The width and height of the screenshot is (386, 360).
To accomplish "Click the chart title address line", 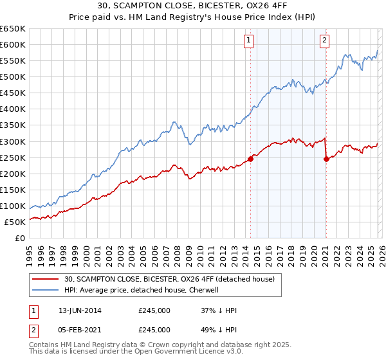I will (193, 7).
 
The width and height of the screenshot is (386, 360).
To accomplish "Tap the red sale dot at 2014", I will (250, 159).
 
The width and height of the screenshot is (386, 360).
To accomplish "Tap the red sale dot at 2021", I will (326, 159).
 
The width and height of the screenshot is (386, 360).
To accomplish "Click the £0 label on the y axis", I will (19, 239).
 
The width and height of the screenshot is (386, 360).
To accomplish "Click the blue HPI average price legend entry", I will (142, 290).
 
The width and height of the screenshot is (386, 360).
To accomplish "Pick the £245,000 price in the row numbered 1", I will (154, 310).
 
